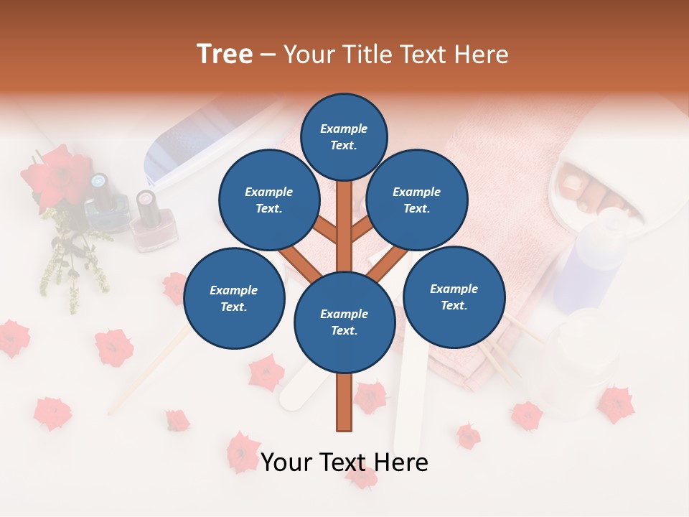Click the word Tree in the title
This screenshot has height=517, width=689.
[225, 54]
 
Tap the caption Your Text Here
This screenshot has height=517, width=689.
[344, 462]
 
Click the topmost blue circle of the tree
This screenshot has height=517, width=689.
[344, 136]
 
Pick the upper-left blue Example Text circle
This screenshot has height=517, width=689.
[268, 200]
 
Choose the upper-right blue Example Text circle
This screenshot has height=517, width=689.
[416, 200]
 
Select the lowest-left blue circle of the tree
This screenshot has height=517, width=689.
[233, 298]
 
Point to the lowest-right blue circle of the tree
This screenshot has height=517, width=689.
[454, 297]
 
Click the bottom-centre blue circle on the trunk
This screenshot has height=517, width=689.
[344, 322]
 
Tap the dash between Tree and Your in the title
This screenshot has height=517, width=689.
[268, 55]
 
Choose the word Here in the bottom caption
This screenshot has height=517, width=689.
[400, 462]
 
